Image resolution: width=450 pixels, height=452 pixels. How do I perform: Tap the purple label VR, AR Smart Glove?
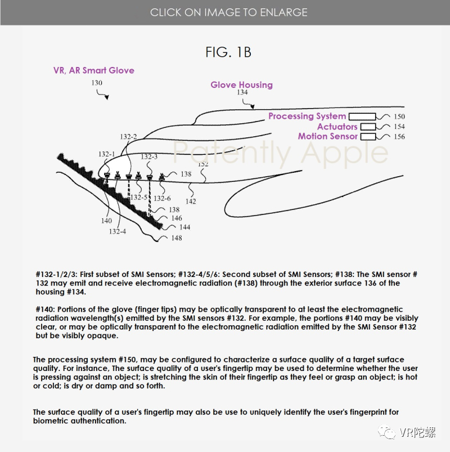pos(94,70)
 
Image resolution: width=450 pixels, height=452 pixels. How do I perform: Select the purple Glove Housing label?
pos(241,85)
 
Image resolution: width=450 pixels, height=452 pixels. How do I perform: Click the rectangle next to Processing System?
pos(361,117)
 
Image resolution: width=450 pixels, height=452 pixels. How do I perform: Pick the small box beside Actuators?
pos(367,127)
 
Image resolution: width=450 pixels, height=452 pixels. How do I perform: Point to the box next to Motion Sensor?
pos(368,136)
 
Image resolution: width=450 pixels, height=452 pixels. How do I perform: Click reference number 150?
pos(399,117)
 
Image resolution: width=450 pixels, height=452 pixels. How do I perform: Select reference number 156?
pos(399,137)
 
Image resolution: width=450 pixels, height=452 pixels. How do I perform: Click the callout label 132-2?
pos(128,137)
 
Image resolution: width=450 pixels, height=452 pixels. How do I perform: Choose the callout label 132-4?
pos(118,231)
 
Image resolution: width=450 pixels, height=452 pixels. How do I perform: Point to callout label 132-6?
pos(162,198)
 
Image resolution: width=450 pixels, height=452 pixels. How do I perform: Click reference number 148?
pos(177,238)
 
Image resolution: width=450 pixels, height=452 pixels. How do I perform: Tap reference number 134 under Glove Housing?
pos(242,93)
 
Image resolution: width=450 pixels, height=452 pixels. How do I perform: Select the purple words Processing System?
pos(307,116)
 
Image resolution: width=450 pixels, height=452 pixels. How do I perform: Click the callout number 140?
pos(106,221)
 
